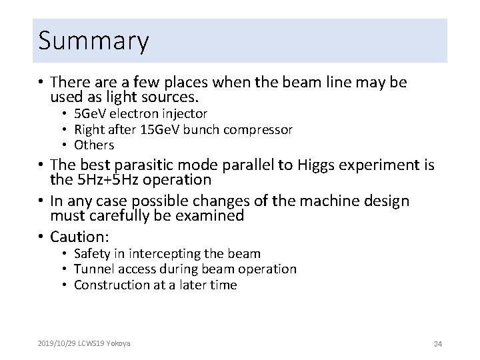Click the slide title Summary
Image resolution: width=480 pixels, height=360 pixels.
tap(93, 41)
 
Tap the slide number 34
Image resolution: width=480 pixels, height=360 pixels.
tap(438, 343)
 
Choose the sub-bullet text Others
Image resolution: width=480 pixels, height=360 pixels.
tap(94, 145)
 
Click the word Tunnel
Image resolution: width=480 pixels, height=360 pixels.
tap(94, 269)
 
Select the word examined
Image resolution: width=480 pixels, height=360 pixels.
tap(207, 216)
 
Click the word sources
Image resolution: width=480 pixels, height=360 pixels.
tap(178, 97)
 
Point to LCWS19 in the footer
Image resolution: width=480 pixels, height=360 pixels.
tap(93, 343)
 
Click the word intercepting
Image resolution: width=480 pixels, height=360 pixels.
tap(169, 253)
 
